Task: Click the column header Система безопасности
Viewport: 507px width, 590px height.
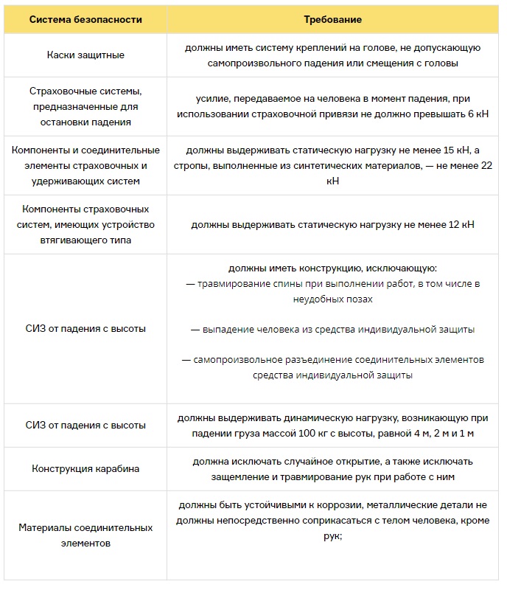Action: click(86, 19)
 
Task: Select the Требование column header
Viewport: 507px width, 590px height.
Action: click(333, 19)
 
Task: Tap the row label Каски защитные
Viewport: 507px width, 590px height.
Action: click(86, 55)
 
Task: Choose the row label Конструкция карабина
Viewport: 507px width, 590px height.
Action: click(86, 468)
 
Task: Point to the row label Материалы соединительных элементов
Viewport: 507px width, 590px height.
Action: click(86, 535)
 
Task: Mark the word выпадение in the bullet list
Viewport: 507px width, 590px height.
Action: click(228, 329)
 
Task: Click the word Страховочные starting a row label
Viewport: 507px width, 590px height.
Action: click(60, 91)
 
